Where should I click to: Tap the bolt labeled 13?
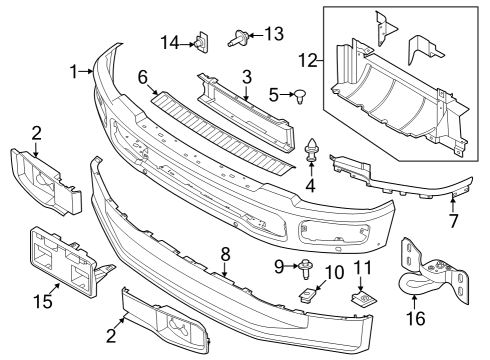click(x=240, y=39)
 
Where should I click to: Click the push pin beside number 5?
click(x=298, y=97)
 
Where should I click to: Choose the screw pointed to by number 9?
click(x=303, y=265)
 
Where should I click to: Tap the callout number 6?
click(x=143, y=76)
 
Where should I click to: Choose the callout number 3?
click(x=246, y=76)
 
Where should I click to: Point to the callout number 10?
click(x=333, y=272)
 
